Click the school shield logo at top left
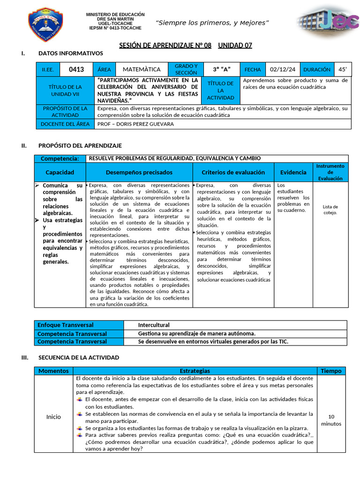click(46, 24)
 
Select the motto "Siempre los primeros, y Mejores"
click(212, 23)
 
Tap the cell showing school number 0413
click(76, 69)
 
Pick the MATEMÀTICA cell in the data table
click(141, 69)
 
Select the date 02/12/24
click(283, 69)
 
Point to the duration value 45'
click(343, 69)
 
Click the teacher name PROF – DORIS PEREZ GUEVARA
click(135, 124)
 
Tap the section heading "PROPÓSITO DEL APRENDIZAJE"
click(80, 146)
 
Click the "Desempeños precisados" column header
click(139, 172)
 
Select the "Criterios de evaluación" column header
click(233, 172)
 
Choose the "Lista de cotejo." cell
click(330, 210)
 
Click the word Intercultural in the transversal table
click(154, 325)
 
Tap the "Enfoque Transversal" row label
click(66, 325)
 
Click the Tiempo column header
click(331, 371)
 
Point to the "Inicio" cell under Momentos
click(53, 417)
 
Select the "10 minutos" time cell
click(331, 420)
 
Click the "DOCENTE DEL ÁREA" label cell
click(65, 124)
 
